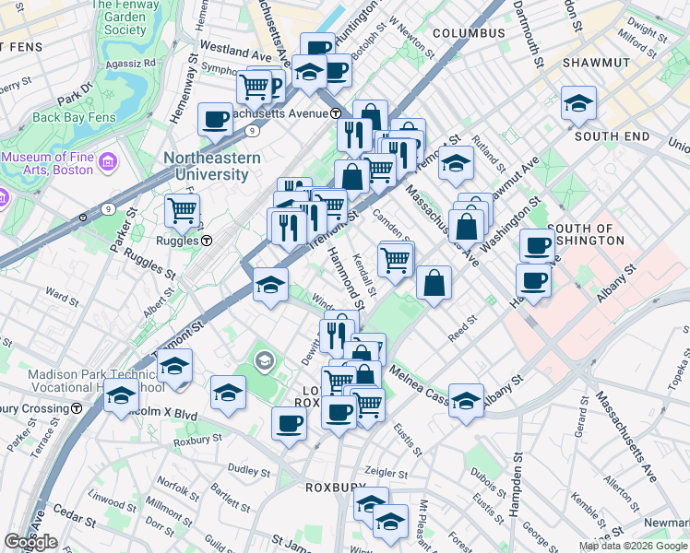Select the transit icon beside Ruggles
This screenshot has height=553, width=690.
tap(207, 241)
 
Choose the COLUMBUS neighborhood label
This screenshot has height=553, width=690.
tap(469, 33)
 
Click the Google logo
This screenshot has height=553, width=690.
tap(30, 542)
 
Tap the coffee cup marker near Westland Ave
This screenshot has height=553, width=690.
tap(215, 118)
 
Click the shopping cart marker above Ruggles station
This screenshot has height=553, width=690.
tap(182, 209)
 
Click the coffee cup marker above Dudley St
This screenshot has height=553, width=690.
tap(290, 423)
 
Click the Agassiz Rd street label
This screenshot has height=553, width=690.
tap(129, 64)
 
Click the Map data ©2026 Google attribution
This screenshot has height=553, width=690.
tap(632, 546)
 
